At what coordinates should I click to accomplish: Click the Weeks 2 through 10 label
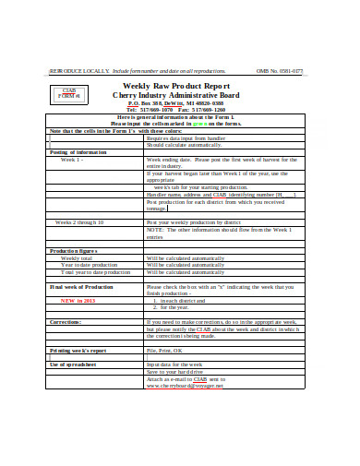[x=79, y=222]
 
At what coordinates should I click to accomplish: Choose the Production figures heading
[x=74, y=250]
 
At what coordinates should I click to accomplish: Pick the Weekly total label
[x=77, y=258]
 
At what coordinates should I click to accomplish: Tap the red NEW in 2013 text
[x=78, y=301]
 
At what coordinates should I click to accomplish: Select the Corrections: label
[x=66, y=322]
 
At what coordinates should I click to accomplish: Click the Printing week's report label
[x=78, y=351]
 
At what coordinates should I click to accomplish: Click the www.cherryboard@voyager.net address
[x=187, y=386]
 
